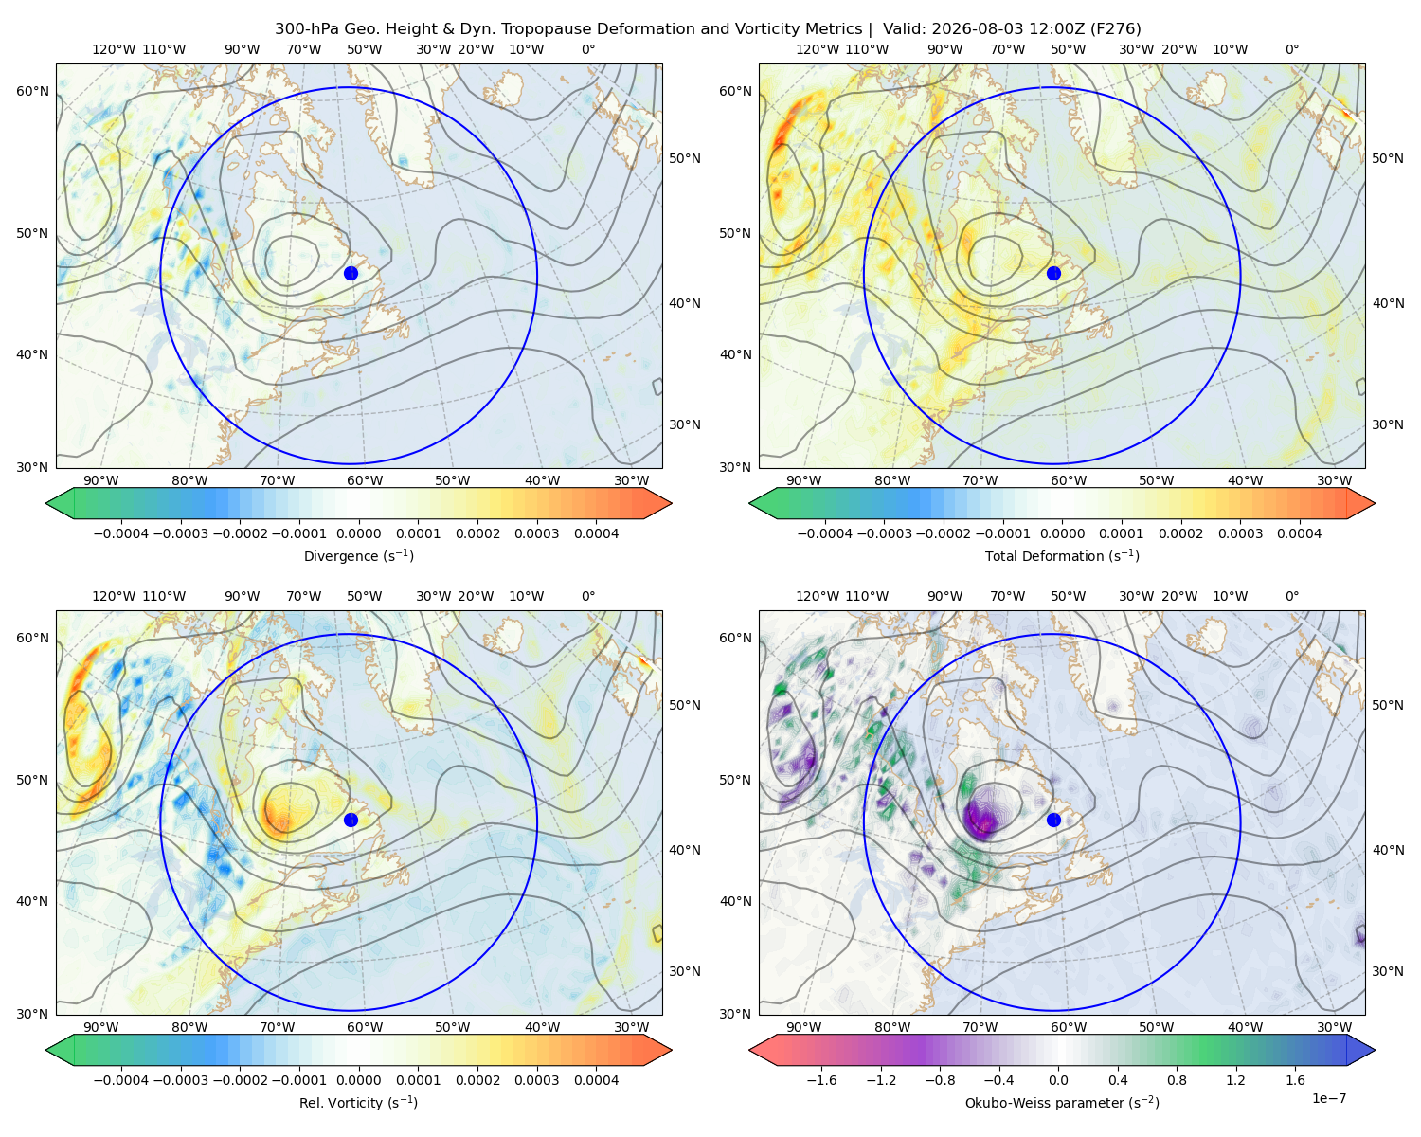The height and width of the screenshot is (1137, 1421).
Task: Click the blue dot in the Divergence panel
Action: point(351,274)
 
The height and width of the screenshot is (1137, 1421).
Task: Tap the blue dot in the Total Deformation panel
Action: point(1053,274)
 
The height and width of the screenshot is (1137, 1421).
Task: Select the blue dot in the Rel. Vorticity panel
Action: point(351,820)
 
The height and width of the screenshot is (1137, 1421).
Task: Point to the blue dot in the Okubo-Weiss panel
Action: point(1053,820)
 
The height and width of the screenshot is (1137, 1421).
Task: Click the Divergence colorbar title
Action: point(358,556)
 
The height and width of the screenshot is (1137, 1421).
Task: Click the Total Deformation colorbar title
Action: point(1062,556)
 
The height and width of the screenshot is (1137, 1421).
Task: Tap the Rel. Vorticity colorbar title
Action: point(358,1103)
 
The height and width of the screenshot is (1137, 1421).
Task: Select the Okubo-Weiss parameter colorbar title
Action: point(1062,1103)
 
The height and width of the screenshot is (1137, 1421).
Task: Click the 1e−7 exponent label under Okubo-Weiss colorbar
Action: point(1328,1099)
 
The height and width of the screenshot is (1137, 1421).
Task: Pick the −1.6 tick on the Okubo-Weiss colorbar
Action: point(821,1080)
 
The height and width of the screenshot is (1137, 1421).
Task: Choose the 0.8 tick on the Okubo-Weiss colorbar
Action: point(1177,1080)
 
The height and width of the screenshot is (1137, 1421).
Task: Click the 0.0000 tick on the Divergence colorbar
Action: point(358,533)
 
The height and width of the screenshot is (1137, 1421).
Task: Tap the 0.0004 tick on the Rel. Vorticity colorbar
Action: point(596,1080)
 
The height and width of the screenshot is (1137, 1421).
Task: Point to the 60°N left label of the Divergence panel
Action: point(32,91)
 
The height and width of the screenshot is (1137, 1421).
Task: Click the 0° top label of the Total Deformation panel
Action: point(1292,49)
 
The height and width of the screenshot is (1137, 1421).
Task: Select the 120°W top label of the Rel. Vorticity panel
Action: point(114,596)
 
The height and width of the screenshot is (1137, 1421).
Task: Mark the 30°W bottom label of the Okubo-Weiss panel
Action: point(1335,1027)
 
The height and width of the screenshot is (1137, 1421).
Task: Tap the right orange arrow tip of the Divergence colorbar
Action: point(671,503)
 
